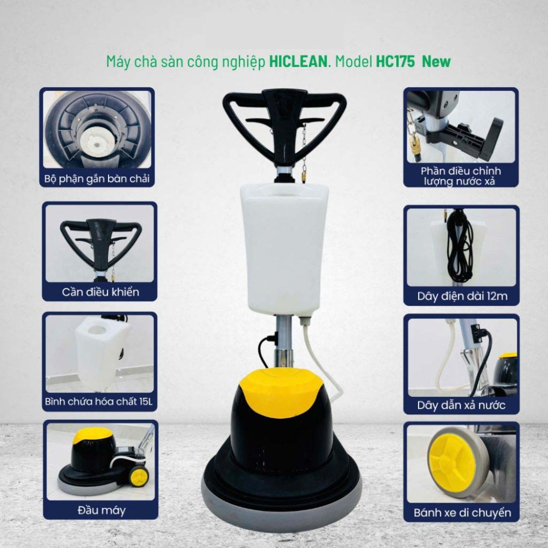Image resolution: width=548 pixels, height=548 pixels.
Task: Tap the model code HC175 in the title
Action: click(x=395, y=61)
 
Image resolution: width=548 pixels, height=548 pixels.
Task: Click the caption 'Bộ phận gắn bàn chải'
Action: click(x=97, y=179)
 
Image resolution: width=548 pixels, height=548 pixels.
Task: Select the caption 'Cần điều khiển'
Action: click(x=100, y=292)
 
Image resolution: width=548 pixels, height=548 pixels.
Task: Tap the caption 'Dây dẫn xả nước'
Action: click(x=461, y=406)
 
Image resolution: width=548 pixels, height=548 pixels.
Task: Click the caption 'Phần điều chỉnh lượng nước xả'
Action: click(x=461, y=176)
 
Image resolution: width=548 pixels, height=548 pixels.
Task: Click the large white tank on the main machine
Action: click(x=284, y=247)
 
